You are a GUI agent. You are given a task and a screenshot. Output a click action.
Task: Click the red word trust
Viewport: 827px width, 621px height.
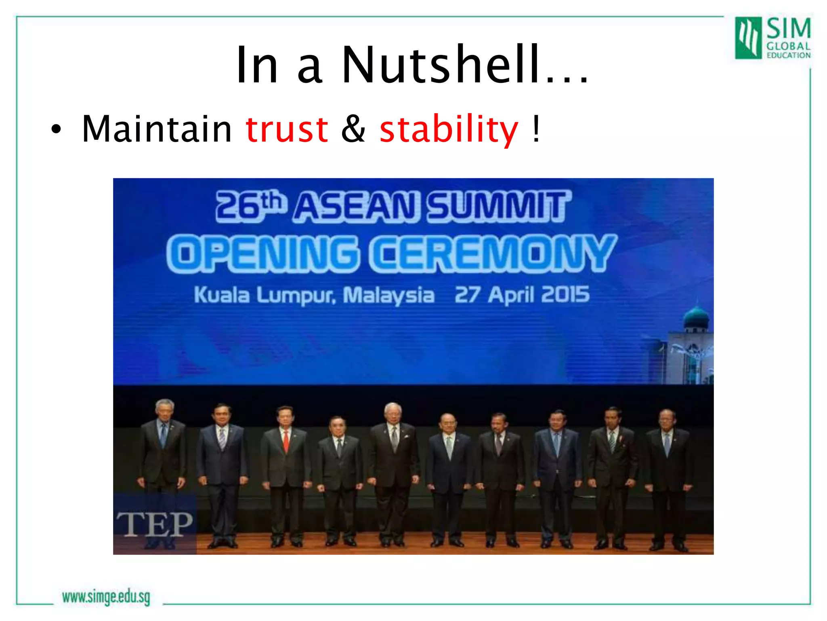[x=287, y=129]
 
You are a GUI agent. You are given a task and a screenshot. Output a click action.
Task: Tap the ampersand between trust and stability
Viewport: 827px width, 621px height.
[x=353, y=129]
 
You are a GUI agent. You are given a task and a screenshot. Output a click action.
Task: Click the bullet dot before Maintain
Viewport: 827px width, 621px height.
[x=56, y=130]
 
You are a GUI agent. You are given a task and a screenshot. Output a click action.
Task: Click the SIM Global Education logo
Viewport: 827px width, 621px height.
[x=772, y=38]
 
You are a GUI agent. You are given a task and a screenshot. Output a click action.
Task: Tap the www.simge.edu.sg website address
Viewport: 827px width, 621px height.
[x=106, y=597]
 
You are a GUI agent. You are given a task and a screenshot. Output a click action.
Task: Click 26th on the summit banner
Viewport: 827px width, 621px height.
[x=251, y=206]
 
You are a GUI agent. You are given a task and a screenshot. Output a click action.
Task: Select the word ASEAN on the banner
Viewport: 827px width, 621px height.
[x=355, y=207]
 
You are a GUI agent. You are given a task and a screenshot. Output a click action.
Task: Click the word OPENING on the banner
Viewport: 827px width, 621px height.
[x=262, y=254]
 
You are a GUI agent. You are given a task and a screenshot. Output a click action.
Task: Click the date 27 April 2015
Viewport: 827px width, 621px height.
[x=522, y=294]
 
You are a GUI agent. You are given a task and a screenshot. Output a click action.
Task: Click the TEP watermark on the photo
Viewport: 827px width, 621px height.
[x=155, y=524]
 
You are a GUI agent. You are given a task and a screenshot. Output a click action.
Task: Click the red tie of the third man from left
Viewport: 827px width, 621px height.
[x=286, y=441]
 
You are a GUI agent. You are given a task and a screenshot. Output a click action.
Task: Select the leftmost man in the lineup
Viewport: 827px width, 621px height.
[x=163, y=465]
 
